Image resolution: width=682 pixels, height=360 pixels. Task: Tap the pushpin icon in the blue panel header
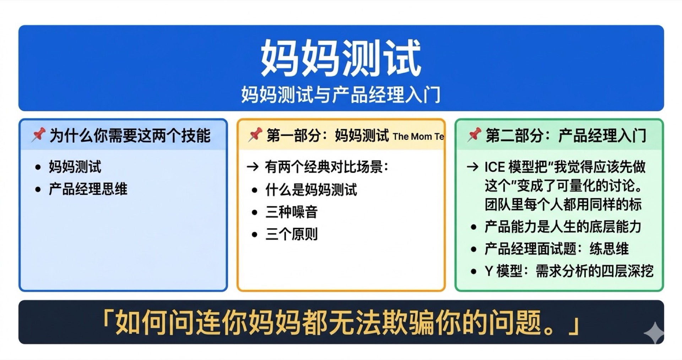pos(38,135)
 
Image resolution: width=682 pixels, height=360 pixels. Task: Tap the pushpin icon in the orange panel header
pos(255,135)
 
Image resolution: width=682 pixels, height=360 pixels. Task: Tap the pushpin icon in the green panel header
pos(474,135)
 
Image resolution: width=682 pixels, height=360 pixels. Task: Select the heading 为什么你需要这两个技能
pos(130,136)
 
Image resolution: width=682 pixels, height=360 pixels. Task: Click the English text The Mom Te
pos(418,137)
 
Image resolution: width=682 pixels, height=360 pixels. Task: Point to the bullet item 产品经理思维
pos(88,189)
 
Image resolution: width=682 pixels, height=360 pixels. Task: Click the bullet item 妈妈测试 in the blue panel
pos(75,167)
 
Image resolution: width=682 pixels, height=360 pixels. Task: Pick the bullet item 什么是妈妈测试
pos(311,190)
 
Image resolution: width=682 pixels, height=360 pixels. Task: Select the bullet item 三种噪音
pos(291,212)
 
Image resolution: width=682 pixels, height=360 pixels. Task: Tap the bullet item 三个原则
pos(291,234)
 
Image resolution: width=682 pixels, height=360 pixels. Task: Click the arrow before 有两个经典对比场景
pos(253,167)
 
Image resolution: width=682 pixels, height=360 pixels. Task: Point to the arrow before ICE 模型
pos(472,167)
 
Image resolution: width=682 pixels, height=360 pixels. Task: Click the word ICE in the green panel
pos(494,167)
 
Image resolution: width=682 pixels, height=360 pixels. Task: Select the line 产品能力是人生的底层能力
pos(563,227)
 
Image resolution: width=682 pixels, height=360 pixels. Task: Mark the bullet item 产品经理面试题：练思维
pos(556,249)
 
